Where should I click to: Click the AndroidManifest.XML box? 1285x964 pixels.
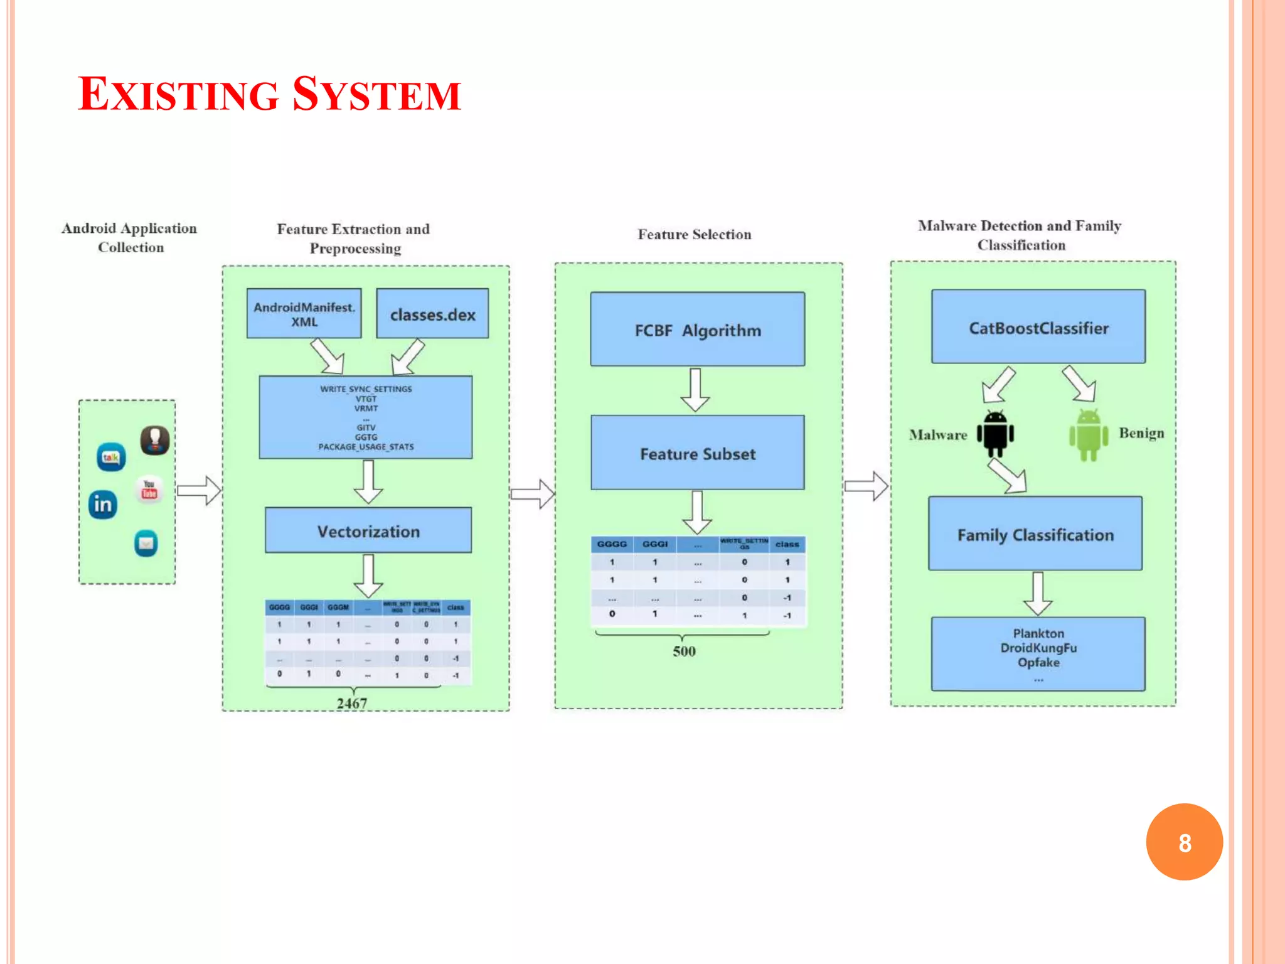pos(304,314)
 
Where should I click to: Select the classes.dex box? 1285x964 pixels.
pos(432,314)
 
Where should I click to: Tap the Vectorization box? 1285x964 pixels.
pos(368,531)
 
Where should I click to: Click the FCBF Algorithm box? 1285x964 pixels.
pos(697,329)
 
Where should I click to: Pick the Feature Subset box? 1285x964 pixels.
pos(697,453)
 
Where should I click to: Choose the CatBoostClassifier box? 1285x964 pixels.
pos(1038,327)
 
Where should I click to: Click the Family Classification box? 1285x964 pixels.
pos(1035,534)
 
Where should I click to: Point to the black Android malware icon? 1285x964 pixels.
pos(995,434)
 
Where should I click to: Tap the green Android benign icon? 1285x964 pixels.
pos(1089,435)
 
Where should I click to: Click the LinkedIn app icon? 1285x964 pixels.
pos(103,505)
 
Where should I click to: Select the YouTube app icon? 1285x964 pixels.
pos(149,490)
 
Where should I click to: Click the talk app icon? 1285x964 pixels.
pos(111,457)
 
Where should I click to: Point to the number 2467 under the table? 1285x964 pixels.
pos(352,704)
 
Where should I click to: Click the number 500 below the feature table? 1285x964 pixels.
pos(684,651)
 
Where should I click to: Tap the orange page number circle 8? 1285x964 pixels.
pos(1184,842)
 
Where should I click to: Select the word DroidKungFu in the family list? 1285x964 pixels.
pos(1038,648)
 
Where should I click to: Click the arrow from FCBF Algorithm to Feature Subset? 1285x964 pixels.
pos(695,390)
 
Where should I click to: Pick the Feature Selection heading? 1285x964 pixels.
pos(694,235)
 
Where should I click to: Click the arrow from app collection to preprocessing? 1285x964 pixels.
pos(198,490)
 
